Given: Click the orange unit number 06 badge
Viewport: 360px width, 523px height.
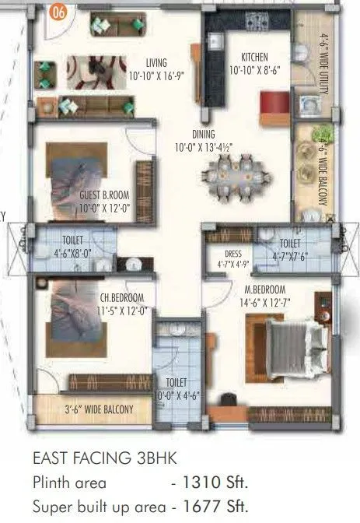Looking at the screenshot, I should point(57,11).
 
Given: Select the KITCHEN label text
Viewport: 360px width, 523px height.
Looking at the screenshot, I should point(255,57).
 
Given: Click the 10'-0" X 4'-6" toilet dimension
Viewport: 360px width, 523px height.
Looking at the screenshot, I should point(176,395).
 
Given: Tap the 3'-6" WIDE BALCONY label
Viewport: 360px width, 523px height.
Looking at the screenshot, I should point(98,409).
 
